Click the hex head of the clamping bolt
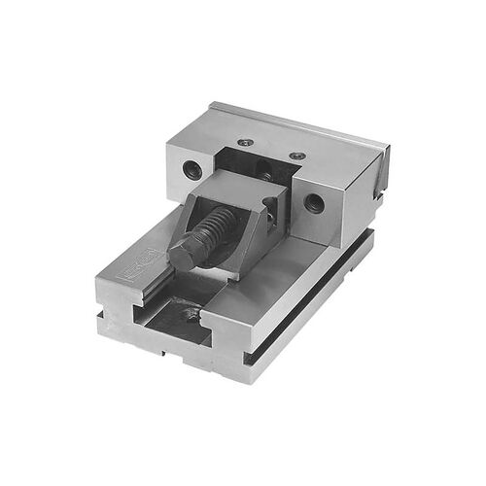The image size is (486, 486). (187, 255)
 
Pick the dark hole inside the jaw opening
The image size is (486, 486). (264, 176)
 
